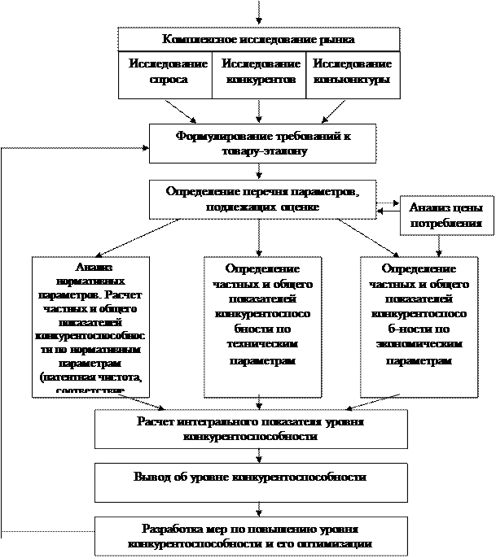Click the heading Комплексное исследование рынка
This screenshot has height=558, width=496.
pyautogui.click(x=258, y=39)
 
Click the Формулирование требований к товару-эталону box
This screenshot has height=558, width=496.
pyautogui.click(x=262, y=143)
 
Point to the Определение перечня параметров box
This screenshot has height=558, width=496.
pyautogui.click(x=262, y=199)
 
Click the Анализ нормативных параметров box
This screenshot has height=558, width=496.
pyautogui.click(x=91, y=325)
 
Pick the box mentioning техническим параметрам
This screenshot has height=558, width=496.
pyautogui.click(x=262, y=325)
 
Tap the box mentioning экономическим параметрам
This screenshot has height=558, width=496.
pyautogui.click(x=418, y=325)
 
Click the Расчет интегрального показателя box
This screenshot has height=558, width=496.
pyautogui.click(x=251, y=429)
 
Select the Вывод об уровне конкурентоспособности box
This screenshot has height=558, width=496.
pyautogui.click(x=251, y=477)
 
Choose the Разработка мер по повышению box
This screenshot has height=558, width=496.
pyautogui.click(x=251, y=534)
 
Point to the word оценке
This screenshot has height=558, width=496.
pyautogui.click(x=300, y=207)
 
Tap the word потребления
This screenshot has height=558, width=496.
pyautogui.click(x=446, y=223)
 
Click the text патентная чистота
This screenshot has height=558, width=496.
pyautogui.click(x=92, y=377)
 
